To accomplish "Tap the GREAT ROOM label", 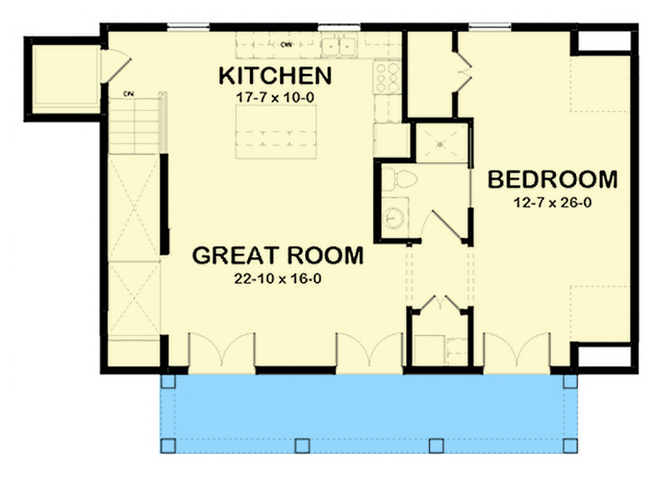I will pos(277,256).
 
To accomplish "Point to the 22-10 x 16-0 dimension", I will pos(277,279).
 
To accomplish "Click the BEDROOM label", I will pos(552,180).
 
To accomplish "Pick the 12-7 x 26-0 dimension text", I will pos(552,204).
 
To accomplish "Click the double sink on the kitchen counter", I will pos(338,44).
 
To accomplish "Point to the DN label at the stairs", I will pos(129,91).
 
